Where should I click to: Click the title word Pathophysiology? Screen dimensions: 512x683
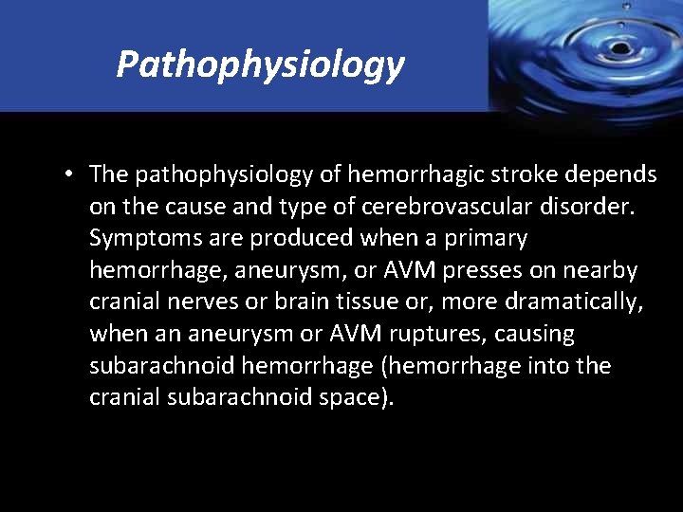[x=260, y=64]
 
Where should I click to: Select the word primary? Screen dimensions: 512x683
[x=482, y=238]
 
